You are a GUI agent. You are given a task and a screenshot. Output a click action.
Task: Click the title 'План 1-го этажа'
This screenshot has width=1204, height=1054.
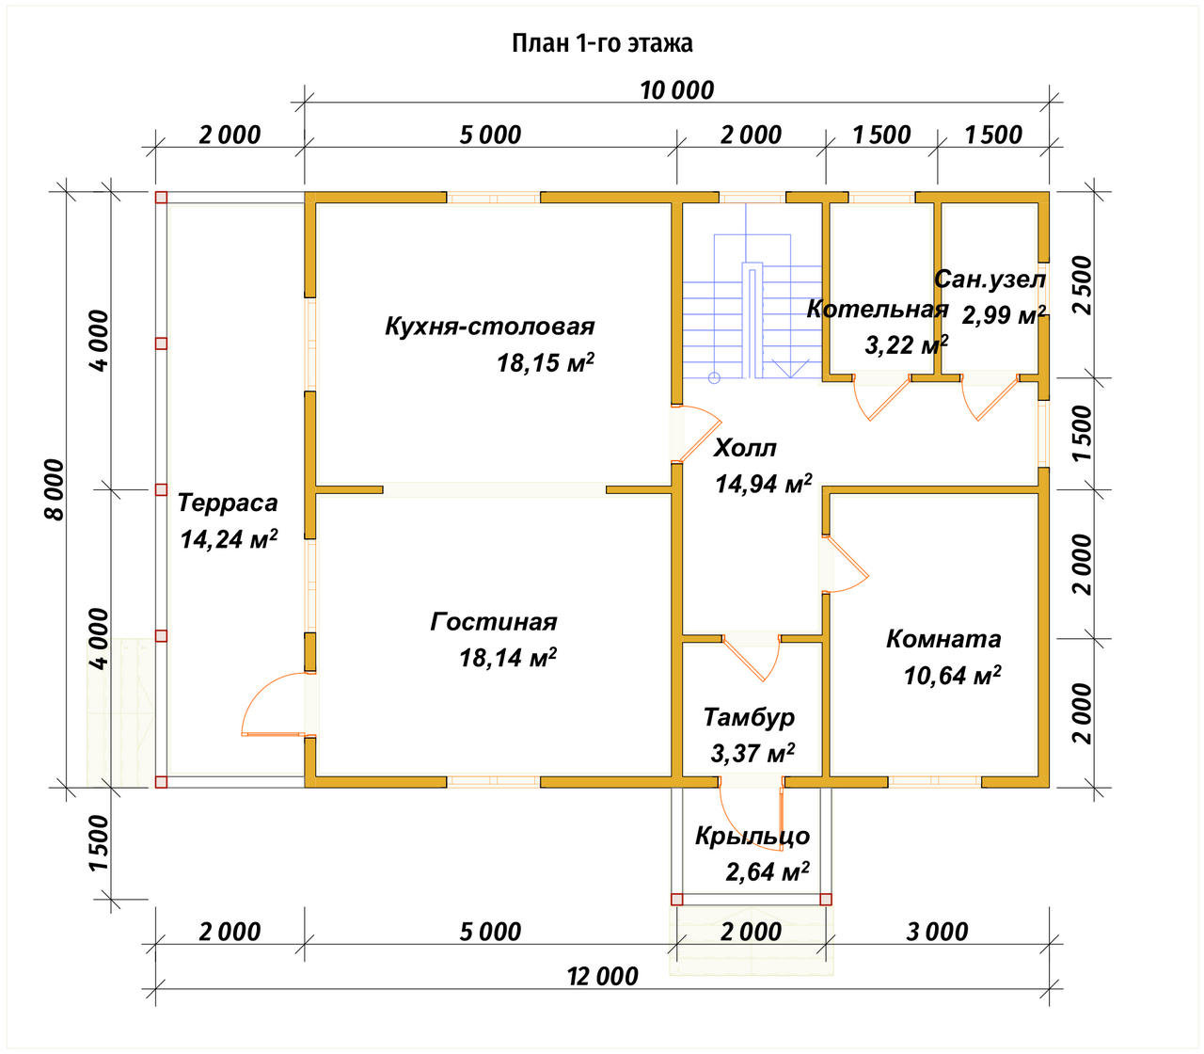[x=602, y=43]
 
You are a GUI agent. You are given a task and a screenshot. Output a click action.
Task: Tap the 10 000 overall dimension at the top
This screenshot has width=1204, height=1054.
[x=676, y=90]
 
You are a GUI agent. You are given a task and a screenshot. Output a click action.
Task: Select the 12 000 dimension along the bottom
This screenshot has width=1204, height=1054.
[x=602, y=976]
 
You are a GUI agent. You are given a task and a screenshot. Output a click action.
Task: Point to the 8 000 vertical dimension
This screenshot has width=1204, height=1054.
[x=55, y=489]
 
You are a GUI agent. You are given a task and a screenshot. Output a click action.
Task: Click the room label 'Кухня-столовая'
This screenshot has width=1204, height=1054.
[x=490, y=327]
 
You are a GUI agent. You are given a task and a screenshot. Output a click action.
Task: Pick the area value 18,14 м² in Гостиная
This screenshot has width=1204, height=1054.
[x=508, y=658]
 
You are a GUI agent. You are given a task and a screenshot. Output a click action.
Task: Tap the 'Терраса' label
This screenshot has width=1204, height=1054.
[x=227, y=503]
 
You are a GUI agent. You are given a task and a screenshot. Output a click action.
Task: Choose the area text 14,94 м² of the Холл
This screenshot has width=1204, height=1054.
[x=763, y=484]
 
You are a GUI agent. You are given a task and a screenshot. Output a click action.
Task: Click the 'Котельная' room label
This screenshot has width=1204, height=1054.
[x=877, y=309]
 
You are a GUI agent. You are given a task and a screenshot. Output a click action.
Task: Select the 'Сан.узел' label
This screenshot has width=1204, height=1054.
[x=990, y=279]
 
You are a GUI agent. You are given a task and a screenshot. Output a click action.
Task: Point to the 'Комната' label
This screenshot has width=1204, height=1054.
[x=943, y=639]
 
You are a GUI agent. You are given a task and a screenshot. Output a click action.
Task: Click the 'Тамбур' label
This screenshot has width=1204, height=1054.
[x=749, y=717]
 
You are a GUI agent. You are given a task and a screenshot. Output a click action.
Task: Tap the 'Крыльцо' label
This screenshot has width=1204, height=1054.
[x=752, y=836]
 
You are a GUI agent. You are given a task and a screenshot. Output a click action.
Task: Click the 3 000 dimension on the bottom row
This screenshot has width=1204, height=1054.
[x=937, y=932]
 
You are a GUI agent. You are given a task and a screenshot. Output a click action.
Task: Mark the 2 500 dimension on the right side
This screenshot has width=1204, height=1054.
[x=1083, y=284]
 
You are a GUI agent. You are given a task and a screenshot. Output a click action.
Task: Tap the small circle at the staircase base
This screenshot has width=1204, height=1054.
[x=714, y=377]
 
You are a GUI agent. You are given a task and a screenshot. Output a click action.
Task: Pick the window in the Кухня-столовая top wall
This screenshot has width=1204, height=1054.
[x=493, y=198]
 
